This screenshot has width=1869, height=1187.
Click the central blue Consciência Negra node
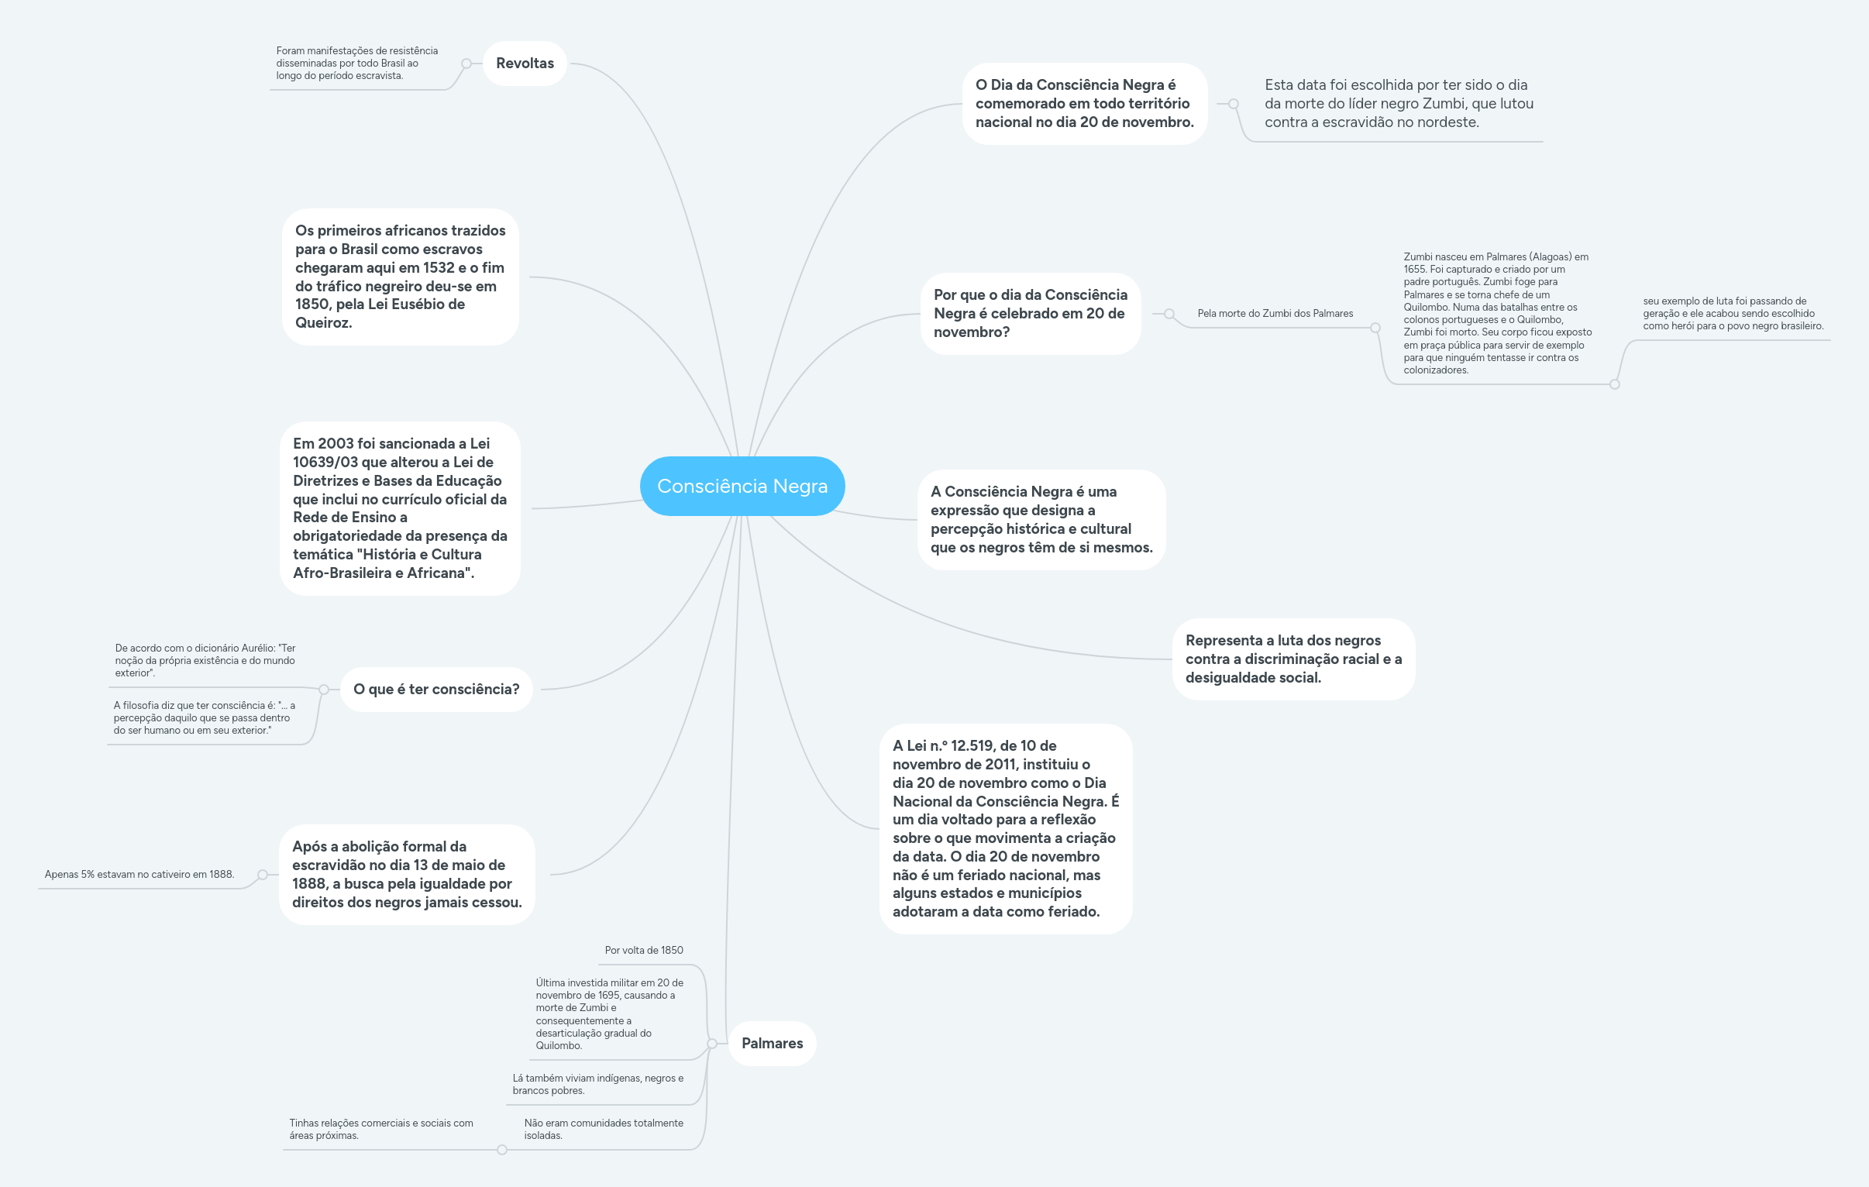point(742,486)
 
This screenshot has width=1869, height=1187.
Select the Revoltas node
point(525,64)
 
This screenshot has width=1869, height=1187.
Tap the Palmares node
point(773,1044)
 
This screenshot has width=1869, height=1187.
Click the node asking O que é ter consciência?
point(436,690)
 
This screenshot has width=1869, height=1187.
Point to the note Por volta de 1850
point(644,950)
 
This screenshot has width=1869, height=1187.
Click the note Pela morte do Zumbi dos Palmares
point(1275,314)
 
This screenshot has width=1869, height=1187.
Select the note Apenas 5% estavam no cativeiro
point(139,874)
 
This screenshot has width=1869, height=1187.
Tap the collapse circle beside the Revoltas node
point(466,64)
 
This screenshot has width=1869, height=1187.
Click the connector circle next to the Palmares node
point(712,1044)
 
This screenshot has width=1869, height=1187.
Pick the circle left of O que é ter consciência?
point(324,690)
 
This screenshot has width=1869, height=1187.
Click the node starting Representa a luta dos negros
point(1294,659)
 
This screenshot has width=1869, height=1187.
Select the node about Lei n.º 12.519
point(1006,829)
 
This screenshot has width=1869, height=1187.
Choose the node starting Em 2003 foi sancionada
point(401,508)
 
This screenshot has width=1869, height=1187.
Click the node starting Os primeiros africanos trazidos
point(401,277)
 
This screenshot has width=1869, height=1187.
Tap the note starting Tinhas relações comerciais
point(381,1130)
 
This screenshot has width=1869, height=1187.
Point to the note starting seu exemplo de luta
point(1733,314)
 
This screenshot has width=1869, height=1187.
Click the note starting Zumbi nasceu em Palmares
point(1497,314)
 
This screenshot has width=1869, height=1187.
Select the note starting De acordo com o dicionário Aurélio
point(205,661)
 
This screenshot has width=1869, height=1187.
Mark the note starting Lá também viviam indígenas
point(597,1085)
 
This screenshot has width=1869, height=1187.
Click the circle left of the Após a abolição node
point(263,875)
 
